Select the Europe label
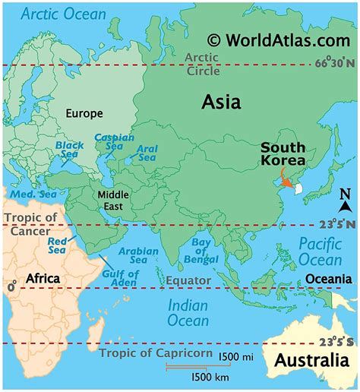84,113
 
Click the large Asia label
221,102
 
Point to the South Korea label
283,154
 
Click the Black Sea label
69,149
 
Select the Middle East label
112,200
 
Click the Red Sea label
57,245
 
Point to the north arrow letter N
344,206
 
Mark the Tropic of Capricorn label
156,353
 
